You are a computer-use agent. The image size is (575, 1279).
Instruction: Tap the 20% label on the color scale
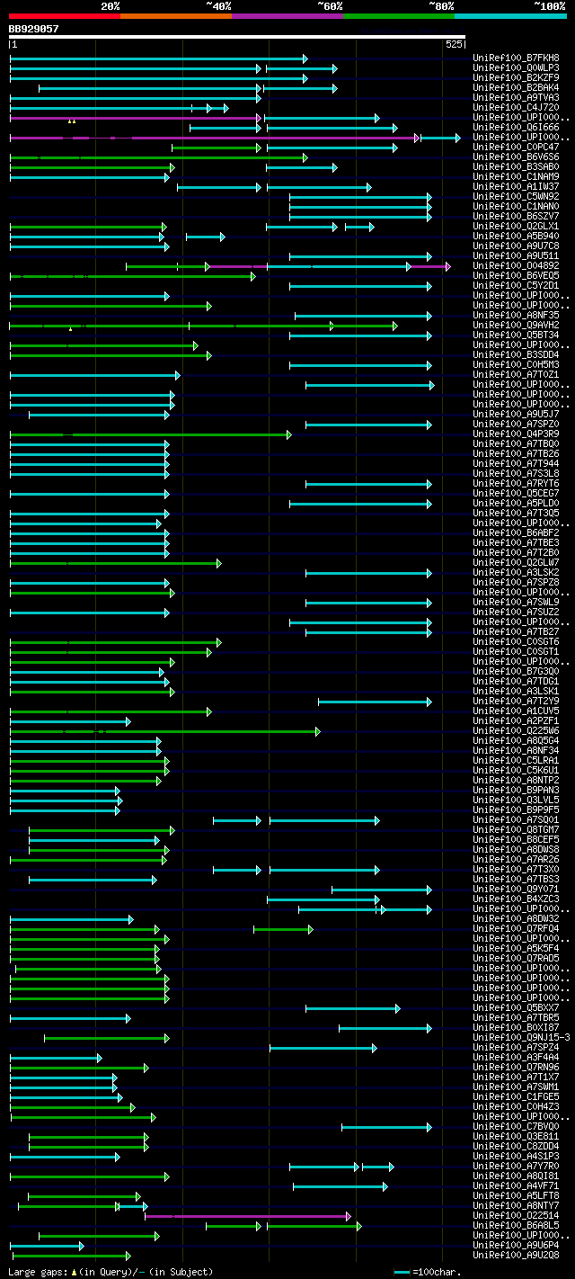coord(110,6)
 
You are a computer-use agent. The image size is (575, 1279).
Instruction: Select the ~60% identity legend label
coord(330,6)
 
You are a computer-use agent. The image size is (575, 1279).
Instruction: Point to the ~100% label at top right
coord(549,6)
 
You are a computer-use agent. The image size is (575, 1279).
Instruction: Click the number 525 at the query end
coord(453,44)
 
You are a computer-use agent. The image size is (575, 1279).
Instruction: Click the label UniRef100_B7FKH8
coord(515,58)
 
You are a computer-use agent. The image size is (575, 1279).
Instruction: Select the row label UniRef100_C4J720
coord(515,108)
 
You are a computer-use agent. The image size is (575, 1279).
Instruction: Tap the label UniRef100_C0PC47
coord(515,148)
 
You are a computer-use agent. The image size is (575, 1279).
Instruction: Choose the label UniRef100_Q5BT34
coord(515,335)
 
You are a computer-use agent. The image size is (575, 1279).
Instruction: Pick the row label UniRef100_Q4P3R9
coord(515,434)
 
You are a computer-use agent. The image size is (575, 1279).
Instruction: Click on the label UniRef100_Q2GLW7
coord(515,563)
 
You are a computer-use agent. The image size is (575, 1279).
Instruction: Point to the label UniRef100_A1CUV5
coord(515,711)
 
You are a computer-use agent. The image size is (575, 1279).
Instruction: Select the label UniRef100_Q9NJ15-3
coord(521,1038)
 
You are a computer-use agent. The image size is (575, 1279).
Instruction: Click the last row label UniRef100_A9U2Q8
coord(515,1256)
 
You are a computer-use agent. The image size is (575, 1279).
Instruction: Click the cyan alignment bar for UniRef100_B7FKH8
coord(157,58)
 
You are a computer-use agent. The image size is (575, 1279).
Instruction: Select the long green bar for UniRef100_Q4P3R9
coord(149,434)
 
